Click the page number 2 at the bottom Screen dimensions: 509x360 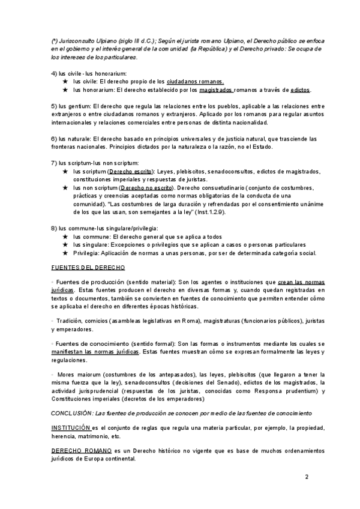pyautogui.click(x=307, y=477)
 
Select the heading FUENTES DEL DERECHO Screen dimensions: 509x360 pyautogui.click(x=88, y=267)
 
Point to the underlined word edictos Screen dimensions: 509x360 pyautogui.click(x=300, y=89)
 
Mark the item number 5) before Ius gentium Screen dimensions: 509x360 pyautogui.click(x=54, y=106)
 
